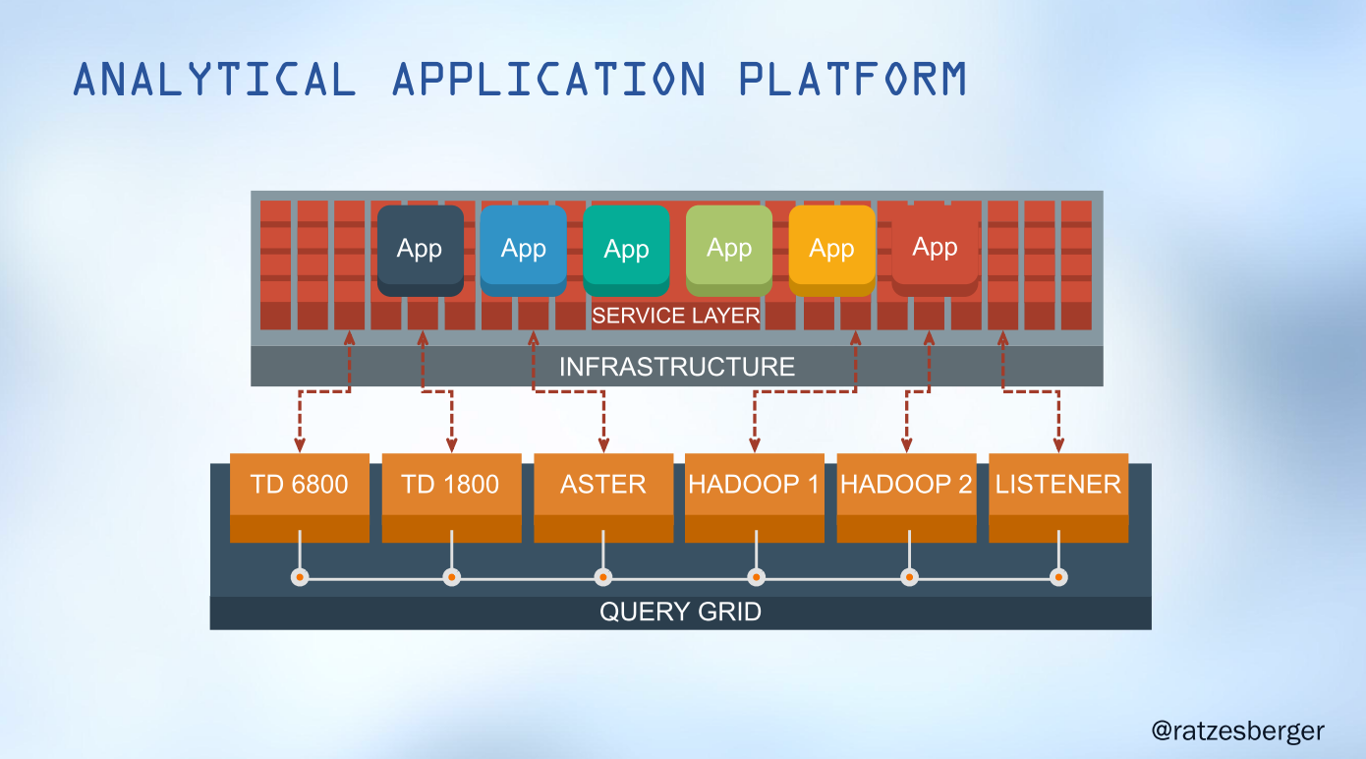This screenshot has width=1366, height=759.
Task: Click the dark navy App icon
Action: pyautogui.click(x=420, y=250)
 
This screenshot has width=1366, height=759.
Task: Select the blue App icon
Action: pyautogui.click(x=523, y=250)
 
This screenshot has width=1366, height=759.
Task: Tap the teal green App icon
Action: pyautogui.click(x=626, y=250)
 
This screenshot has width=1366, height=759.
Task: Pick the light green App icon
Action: pyautogui.click(x=728, y=250)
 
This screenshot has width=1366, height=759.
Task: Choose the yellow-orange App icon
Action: pyautogui.click(x=831, y=250)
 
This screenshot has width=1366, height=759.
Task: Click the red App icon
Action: pyautogui.click(x=935, y=249)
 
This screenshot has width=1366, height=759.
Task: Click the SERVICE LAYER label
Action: pyautogui.click(x=675, y=316)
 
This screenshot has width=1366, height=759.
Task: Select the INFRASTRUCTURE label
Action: pyautogui.click(x=676, y=367)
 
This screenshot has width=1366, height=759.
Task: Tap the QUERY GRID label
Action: pyautogui.click(x=680, y=613)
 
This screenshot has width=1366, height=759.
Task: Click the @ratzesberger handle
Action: pyautogui.click(x=1237, y=731)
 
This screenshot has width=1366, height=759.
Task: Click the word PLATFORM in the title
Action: pyautogui.click(x=852, y=80)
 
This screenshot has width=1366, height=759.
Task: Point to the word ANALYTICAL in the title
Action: pyautogui.click(x=214, y=80)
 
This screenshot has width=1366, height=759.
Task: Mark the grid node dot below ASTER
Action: pyautogui.click(x=603, y=577)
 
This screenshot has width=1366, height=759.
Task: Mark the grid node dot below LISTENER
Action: pyautogui.click(x=1058, y=577)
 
